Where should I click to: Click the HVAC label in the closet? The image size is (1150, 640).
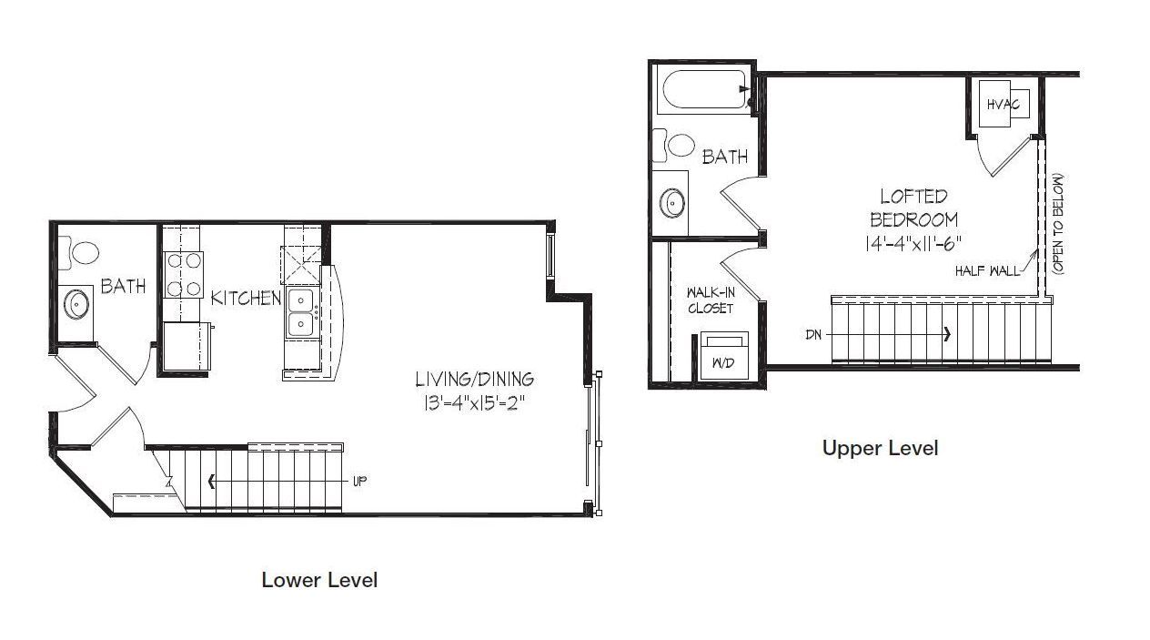pyautogui.click(x=1004, y=105)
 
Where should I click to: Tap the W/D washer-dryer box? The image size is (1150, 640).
pyautogui.click(x=724, y=355)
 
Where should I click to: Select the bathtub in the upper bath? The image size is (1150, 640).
pyautogui.click(x=704, y=89)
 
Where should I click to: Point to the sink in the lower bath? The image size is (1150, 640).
pyautogui.click(x=76, y=303)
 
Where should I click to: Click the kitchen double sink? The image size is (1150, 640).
pyautogui.click(x=300, y=313)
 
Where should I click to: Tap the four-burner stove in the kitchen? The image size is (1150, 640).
pyautogui.click(x=184, y=275)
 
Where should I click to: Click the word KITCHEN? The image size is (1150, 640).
pyautogui.click(x=246, y=298)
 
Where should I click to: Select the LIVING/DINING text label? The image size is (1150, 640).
pyautogui.click(x=474, y=379)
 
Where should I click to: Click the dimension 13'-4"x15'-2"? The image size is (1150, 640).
pyautogui.click(x=474, y=403)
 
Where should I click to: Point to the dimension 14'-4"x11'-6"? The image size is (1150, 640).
pyautogui.click(x=913, y=243)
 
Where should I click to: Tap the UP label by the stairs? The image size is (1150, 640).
pyautogui.click(x=360, y=482)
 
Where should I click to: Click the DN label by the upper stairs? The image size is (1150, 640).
pyautogui.click(x=813, y=335)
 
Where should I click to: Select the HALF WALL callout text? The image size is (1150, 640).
pyautogui.click(x=987, y=270)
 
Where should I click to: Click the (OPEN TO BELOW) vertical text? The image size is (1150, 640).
pyautogui.click(x=1058, y=224)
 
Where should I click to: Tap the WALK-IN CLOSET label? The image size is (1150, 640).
pyautogui.click(x=711, y=300)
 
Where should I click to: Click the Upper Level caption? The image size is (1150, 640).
pyautogui.click(x=880, y=448)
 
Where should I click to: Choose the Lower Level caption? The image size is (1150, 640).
pyautogui.click(x=319, y=580)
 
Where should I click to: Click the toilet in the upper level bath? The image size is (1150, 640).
pyautogui.click(x=674, y=144)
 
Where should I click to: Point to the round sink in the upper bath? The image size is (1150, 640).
pyautogui.click(x=672, y=203)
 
